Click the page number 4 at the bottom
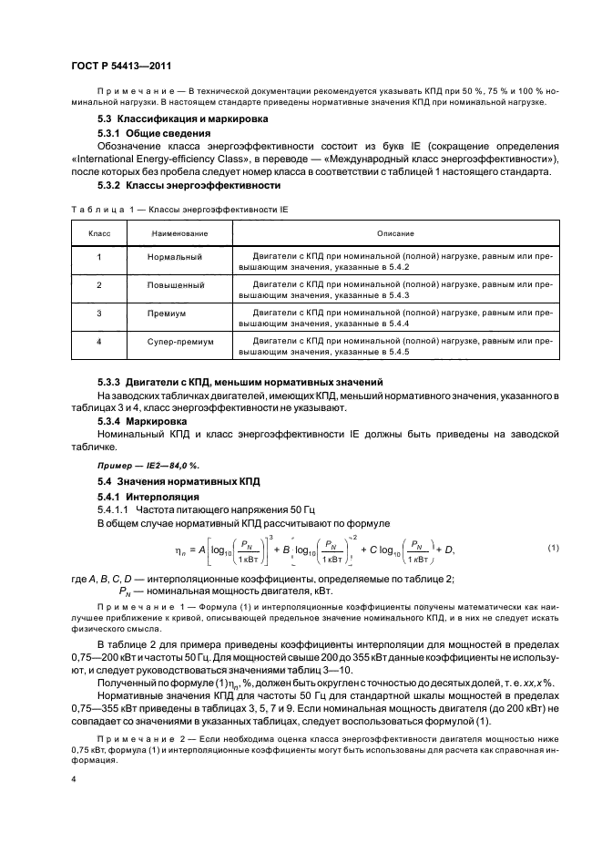(73, 779)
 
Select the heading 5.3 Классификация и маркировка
(182, 118)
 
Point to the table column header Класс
(99, 234)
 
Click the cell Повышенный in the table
(175, 286)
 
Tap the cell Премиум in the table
(166, 313)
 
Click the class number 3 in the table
(98, 313)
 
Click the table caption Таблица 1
(100, 210)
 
